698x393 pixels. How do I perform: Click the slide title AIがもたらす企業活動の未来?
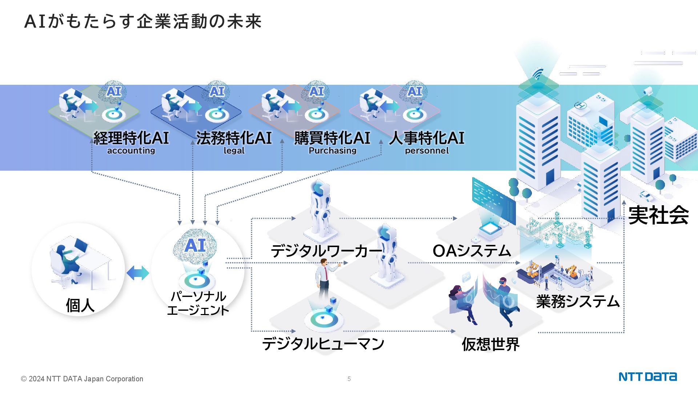(x=143, y=21)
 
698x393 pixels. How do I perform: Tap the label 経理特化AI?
(x=131, y=138)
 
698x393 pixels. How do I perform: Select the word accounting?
(x=131, y=151)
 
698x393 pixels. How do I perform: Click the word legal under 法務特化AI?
(x=234, y=151)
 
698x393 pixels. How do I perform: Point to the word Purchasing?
(x=332, y=151)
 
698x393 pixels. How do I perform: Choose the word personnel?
(x=426, y=151)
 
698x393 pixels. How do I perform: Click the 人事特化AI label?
(x=426, y=138)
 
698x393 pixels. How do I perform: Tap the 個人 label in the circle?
(x=80, y=305)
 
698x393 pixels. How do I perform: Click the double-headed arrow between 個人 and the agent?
(x=138, y=273)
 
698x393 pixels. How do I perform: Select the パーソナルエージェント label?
(x=198, y=303)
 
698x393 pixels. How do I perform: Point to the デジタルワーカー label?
(x=326, y=251)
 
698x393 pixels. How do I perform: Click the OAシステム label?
(x=472, y=251)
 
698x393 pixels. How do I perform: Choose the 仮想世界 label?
(x=490, y=344)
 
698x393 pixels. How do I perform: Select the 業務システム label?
(x=578, y=302)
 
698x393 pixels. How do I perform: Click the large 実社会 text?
(x=658, y=215)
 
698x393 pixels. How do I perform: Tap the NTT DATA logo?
(x=647, y=377)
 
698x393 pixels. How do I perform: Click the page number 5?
(x=349, y=379)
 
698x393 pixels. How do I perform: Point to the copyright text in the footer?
(x=82, y=379)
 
